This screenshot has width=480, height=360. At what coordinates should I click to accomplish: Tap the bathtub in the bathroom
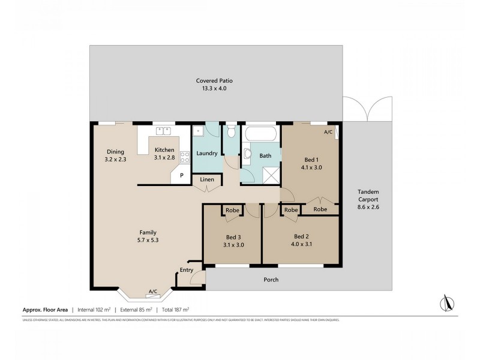(x=260, y=133)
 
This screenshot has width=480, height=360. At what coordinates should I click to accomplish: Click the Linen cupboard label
(x=206, y=179)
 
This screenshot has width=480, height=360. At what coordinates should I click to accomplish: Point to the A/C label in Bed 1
(x=328, y=131)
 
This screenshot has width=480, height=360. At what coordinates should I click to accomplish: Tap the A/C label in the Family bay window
(x=152, y=292)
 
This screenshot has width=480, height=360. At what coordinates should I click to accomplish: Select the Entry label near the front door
(x=187, y=271)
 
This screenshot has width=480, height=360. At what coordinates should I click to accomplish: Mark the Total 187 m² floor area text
(x=175, y=310)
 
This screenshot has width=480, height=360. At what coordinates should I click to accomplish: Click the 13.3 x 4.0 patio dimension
(x=214, y=88)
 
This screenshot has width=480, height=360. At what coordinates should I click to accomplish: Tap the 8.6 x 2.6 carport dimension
(x=367, y=207)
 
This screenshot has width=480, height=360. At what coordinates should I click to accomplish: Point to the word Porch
(x=271, y=280)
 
